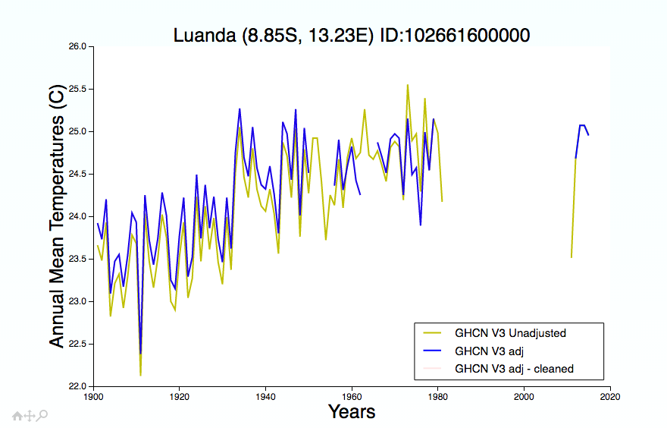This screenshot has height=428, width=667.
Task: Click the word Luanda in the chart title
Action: tap(205, 35)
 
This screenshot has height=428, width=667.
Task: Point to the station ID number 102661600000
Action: tap(466, 35)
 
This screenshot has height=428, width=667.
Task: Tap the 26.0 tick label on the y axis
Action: tap(78, 46)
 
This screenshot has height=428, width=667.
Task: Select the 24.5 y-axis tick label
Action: tap(78, 174)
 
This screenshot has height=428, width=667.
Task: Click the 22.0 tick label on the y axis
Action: tap(78, 386)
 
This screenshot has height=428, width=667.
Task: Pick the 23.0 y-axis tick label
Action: tap(78, 301)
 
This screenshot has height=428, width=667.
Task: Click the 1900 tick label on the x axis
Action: tap(93, 397)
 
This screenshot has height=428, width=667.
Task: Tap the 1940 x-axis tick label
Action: tap(265, 397)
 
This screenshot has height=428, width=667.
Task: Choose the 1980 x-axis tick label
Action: tap(438, 397)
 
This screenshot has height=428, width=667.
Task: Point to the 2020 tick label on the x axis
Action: tap(610, 397)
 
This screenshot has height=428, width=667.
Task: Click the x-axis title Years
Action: tap(352, 412)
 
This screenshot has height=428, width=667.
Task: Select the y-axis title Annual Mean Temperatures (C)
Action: tap(57, 216)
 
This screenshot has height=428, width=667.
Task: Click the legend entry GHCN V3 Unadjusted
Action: tap(510, 333)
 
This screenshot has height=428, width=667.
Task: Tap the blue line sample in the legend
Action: tap(432, 351)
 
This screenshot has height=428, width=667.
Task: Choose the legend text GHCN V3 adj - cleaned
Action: tap(514, 369)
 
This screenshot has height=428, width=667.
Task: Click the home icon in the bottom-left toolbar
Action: tap(17, 416)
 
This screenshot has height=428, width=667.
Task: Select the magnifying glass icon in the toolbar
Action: tap(42, 415)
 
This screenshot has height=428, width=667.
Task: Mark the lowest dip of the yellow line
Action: tap(140, 375)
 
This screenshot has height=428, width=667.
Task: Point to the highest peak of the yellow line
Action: tap(408, 85)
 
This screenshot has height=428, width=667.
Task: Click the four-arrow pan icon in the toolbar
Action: tap(30, 416)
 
